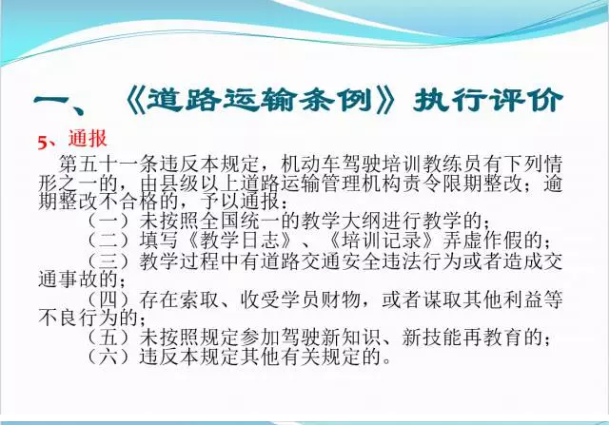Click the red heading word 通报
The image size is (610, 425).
coord(88,139)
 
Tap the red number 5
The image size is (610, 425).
coord(42,143)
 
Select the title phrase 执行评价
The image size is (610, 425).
coord(488,101)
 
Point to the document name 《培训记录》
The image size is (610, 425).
coord(382,240)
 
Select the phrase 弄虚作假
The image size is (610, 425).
coord(483,240)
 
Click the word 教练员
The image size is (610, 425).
coord(453,164)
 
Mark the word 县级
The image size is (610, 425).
coord(179,184)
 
